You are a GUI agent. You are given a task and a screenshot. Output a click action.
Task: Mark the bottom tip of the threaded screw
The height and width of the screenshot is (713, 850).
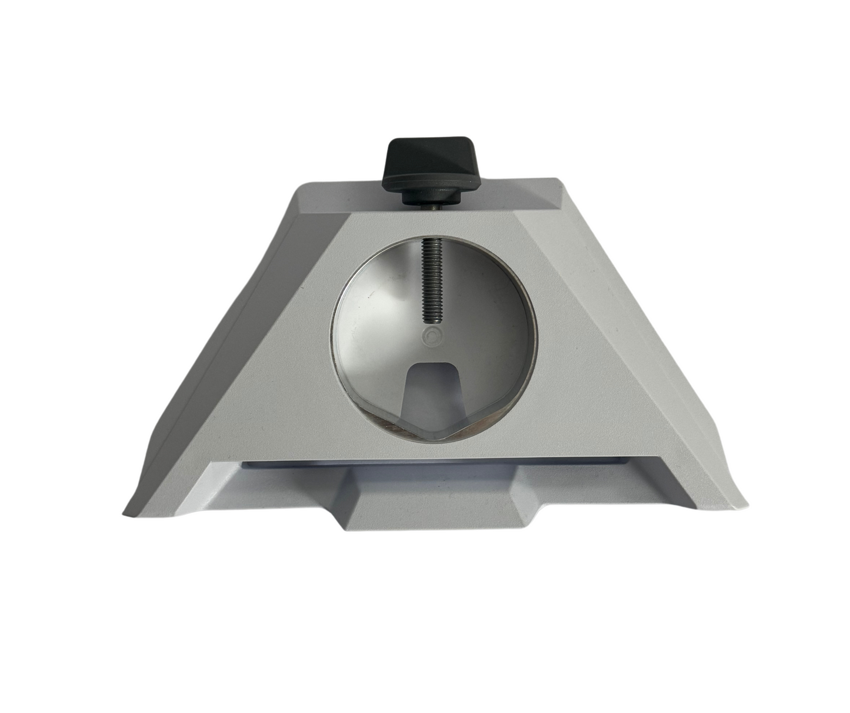(x=432, y=321)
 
